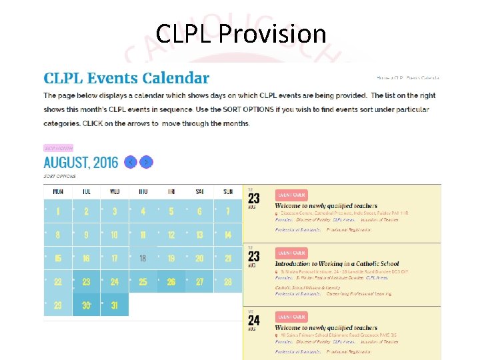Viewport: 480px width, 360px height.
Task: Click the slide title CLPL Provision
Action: (x=241, y=33)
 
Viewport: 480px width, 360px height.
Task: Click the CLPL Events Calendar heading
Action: (x=127, y=79)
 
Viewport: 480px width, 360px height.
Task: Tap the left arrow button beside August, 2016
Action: (x=131, y=162)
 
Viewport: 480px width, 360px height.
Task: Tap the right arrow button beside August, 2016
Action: (x=147, y=162)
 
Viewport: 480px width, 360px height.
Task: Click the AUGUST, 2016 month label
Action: (x=81, y=162)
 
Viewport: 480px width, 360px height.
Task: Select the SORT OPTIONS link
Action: (x=59, y=177)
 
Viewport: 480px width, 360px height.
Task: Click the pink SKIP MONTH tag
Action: (x=58, y=148)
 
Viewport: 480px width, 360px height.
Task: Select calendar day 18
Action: (x=143, y=259)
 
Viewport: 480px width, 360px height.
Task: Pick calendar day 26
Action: (x=171, y=282)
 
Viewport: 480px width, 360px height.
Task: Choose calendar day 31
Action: (x=115, y=305)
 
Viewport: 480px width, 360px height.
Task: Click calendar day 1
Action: (x=58, y=211)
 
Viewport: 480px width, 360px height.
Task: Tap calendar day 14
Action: (x=228, y=235)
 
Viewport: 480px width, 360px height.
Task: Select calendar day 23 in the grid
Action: (x=86, y=282)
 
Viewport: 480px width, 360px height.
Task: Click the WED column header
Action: (x=115, y=191)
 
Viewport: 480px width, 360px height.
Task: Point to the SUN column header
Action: (x=228, y=191)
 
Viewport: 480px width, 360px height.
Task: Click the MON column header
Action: (x=58, y=191)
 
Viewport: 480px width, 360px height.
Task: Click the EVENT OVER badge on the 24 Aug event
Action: (x=291, y=317)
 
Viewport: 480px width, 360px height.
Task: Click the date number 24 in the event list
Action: (x=254, y=321)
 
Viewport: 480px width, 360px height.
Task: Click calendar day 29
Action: (x=58, y=305)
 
